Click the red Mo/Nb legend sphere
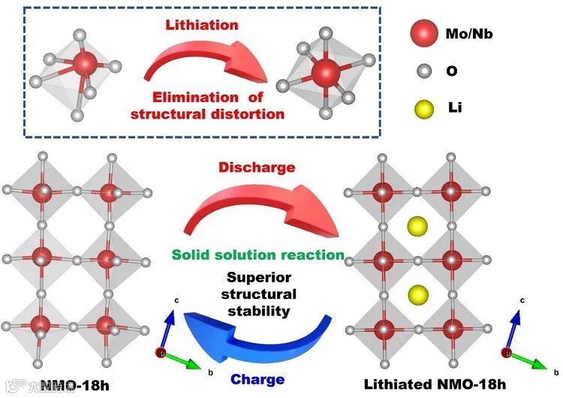click(x=424, y=35)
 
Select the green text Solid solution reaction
click(x=257, y=255)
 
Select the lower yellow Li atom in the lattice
click(x=418, y=294)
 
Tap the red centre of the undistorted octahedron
click(x=326, y=73)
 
